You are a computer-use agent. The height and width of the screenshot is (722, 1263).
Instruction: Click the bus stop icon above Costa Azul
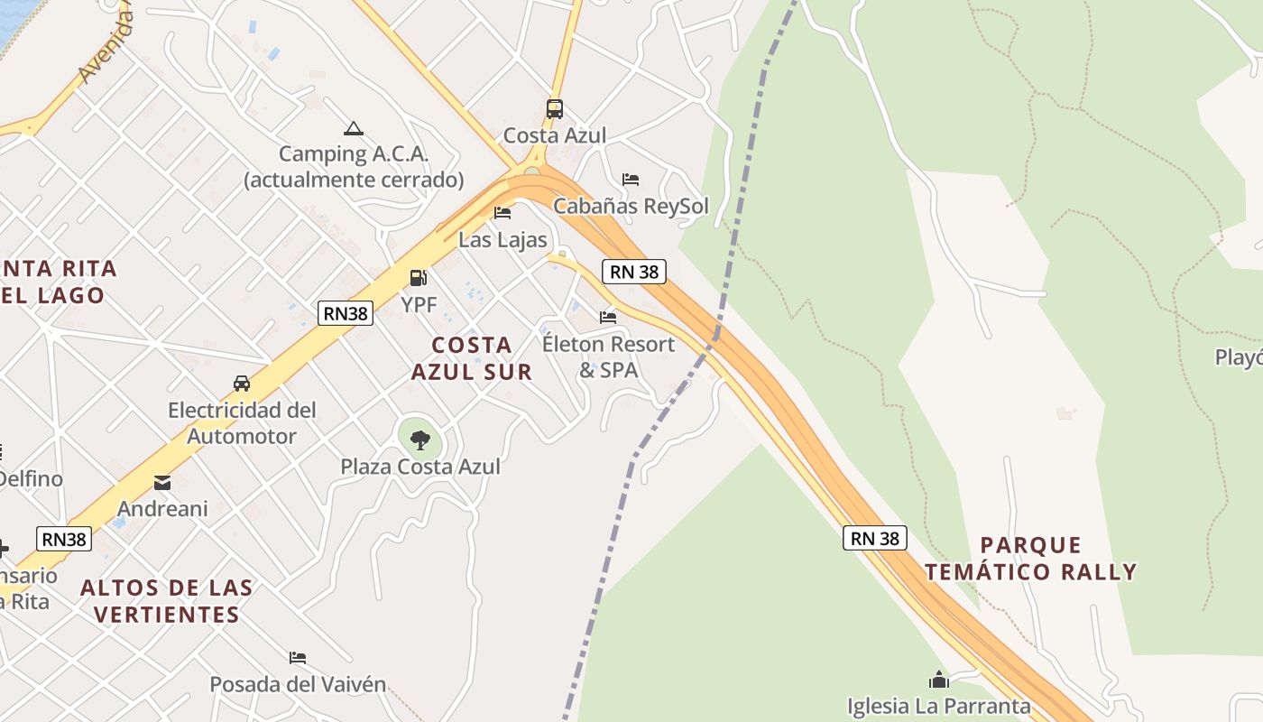click(555, 109)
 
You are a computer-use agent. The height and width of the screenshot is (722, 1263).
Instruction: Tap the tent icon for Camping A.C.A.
click(353, 129)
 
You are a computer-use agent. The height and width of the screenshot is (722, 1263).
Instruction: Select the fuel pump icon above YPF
click(419, 278)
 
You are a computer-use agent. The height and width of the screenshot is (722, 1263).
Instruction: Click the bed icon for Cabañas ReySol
click(631, 180)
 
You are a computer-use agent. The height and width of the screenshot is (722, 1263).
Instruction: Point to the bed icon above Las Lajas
click(502, 213)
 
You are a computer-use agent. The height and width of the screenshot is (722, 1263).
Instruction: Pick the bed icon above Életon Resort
click(608, 318)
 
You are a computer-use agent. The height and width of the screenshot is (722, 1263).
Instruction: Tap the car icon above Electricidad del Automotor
click(242, 383)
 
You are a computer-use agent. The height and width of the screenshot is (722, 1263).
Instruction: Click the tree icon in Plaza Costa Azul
click(419, 440)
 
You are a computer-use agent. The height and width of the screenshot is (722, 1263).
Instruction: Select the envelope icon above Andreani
click(162, 483)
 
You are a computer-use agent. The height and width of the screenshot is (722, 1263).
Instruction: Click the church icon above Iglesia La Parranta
click(939, 680)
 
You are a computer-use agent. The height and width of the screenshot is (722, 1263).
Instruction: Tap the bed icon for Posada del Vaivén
click(298, 658)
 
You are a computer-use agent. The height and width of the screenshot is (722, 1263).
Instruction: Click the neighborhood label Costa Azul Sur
click(472, 358)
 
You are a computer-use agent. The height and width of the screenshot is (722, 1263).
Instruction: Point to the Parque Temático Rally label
click(1030, 559)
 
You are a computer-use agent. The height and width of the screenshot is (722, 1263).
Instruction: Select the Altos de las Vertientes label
click(167, 601)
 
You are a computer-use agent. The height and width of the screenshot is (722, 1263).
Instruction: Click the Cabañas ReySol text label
click(631, 206)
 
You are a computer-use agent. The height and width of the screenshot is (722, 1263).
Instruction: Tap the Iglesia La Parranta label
click(938, 706)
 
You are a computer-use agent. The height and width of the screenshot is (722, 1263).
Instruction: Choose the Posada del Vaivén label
click(298, 684)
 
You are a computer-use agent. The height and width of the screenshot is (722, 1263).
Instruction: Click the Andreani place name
click(162, 509)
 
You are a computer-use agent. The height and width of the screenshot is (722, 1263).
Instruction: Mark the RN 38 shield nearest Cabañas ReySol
click(634, 271)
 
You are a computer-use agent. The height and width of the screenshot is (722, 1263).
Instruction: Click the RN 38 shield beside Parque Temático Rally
click(875, 538)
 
